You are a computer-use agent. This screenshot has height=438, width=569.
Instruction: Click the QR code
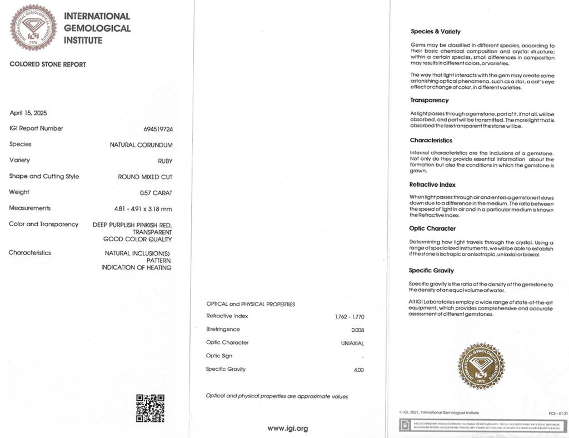150,408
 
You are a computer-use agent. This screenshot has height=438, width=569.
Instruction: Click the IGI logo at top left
33,28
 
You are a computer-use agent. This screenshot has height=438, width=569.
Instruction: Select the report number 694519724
158,129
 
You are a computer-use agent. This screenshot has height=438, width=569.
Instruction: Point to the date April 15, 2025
28,113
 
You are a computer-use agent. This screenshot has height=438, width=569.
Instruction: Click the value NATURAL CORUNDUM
141,145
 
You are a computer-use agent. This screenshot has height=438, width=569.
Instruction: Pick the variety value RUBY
165,161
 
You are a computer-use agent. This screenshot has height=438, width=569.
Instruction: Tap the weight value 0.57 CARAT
156,193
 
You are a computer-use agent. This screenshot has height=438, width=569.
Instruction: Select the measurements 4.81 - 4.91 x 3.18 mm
143,208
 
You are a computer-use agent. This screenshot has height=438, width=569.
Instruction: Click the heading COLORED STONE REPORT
48,64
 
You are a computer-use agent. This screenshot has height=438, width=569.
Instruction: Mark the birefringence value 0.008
358,330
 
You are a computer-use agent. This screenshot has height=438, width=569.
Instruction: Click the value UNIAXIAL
352,343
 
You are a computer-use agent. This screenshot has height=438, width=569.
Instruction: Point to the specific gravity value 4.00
358,370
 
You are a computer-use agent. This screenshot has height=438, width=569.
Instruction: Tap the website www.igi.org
287,429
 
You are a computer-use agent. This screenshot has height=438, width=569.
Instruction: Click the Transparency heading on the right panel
429,101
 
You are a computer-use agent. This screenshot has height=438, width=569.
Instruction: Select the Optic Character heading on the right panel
432,228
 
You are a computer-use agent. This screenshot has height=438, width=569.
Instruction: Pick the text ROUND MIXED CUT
145,177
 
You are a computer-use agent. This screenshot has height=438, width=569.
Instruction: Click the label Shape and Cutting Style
44,176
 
